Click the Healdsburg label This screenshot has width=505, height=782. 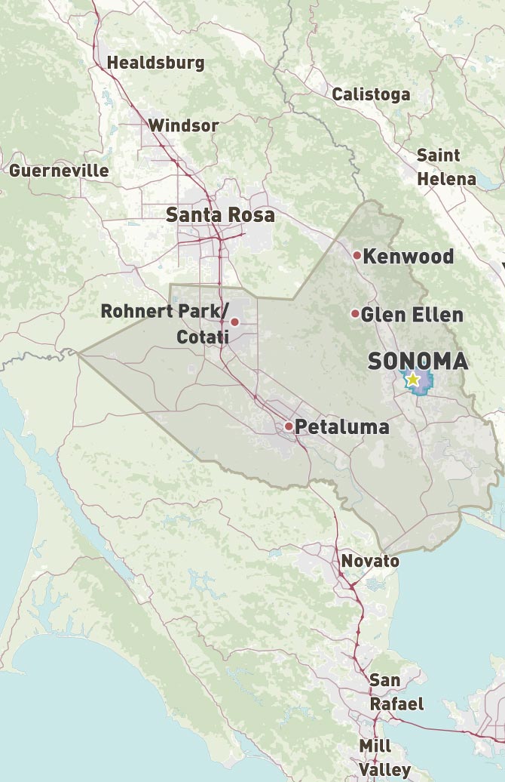coord(155,63)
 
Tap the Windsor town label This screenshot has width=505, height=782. coord(183,125)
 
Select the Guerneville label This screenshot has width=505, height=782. coord(59,171)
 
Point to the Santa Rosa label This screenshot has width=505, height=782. coord(220,215)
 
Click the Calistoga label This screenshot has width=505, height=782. coord(371,94)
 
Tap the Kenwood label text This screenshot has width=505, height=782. coord(408,257)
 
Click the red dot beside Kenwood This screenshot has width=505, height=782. coord(357,256)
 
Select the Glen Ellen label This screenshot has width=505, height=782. coord(412,314)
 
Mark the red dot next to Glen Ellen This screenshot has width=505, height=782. coord(355,313)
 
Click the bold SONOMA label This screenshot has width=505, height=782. coord(418,362)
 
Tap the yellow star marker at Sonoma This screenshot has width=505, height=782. coord(412,380)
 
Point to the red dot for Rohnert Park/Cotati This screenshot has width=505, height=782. coord(234,322)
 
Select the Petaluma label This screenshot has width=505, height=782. coord(341,427)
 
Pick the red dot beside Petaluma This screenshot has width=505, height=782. coord(289,426)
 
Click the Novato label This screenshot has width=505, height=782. coord(370,562)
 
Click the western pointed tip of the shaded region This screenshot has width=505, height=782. coord(78,353)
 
